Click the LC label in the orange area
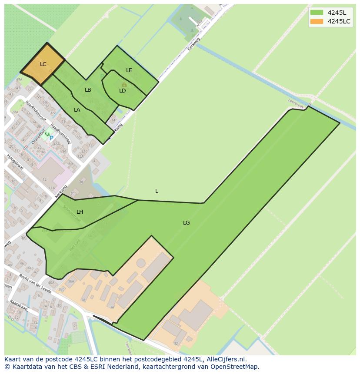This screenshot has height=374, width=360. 43,64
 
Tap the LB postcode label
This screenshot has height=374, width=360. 88,90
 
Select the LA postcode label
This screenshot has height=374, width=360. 77,110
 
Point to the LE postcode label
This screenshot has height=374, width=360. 129,70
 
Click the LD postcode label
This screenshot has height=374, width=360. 123,91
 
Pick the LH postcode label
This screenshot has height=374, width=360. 80,212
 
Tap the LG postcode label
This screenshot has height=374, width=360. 186,223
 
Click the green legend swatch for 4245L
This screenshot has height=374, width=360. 317,12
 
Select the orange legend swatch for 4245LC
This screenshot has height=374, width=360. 317,21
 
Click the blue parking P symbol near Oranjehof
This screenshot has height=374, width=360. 51,138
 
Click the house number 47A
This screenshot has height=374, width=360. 19,80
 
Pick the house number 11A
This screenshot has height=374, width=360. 52,188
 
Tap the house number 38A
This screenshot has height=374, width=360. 70,281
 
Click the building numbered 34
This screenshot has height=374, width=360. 112,307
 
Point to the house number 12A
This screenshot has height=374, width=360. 80,156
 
